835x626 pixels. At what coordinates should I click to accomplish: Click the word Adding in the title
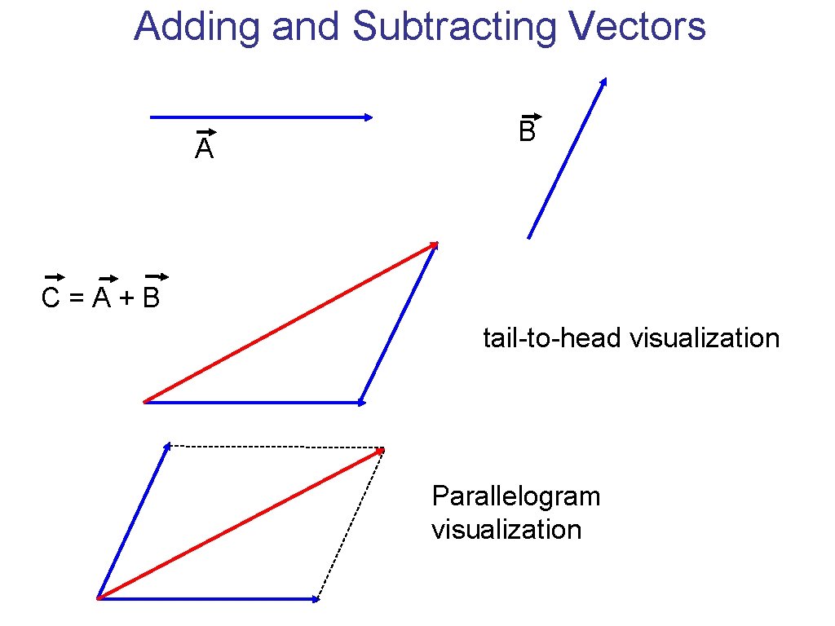coord(199,27)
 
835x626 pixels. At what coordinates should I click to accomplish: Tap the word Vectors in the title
coord(638,27)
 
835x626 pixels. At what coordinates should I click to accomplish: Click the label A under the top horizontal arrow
coord(204,148)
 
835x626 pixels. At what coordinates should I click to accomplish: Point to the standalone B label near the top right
coord(527,130)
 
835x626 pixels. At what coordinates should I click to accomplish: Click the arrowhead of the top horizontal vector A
coord(369,117)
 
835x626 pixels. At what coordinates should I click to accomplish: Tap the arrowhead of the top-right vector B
coord(603,82)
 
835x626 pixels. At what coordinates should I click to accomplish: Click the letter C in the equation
coord(51,299)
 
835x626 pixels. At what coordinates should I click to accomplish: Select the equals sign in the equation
coord(76,300)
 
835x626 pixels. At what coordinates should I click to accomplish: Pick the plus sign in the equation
coord(126,300)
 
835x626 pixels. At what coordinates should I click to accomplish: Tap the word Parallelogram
coord(516,496)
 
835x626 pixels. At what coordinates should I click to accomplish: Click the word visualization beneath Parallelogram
coord(506,529)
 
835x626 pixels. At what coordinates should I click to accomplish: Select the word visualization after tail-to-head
coord(705,337)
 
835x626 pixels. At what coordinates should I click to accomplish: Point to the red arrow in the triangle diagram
coord(289,322)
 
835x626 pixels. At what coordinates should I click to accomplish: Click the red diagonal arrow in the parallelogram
coord(241,523)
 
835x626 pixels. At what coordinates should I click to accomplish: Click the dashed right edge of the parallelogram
coord(350,524)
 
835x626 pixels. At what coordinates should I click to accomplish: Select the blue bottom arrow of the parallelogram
coord(208,599)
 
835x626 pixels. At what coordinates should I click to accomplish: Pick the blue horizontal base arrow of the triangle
coord(253,402)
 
